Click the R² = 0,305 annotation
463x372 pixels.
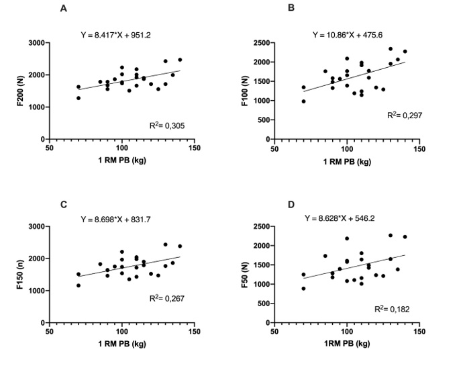tap(165, 126)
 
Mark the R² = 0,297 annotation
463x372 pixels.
tap(405, 115)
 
